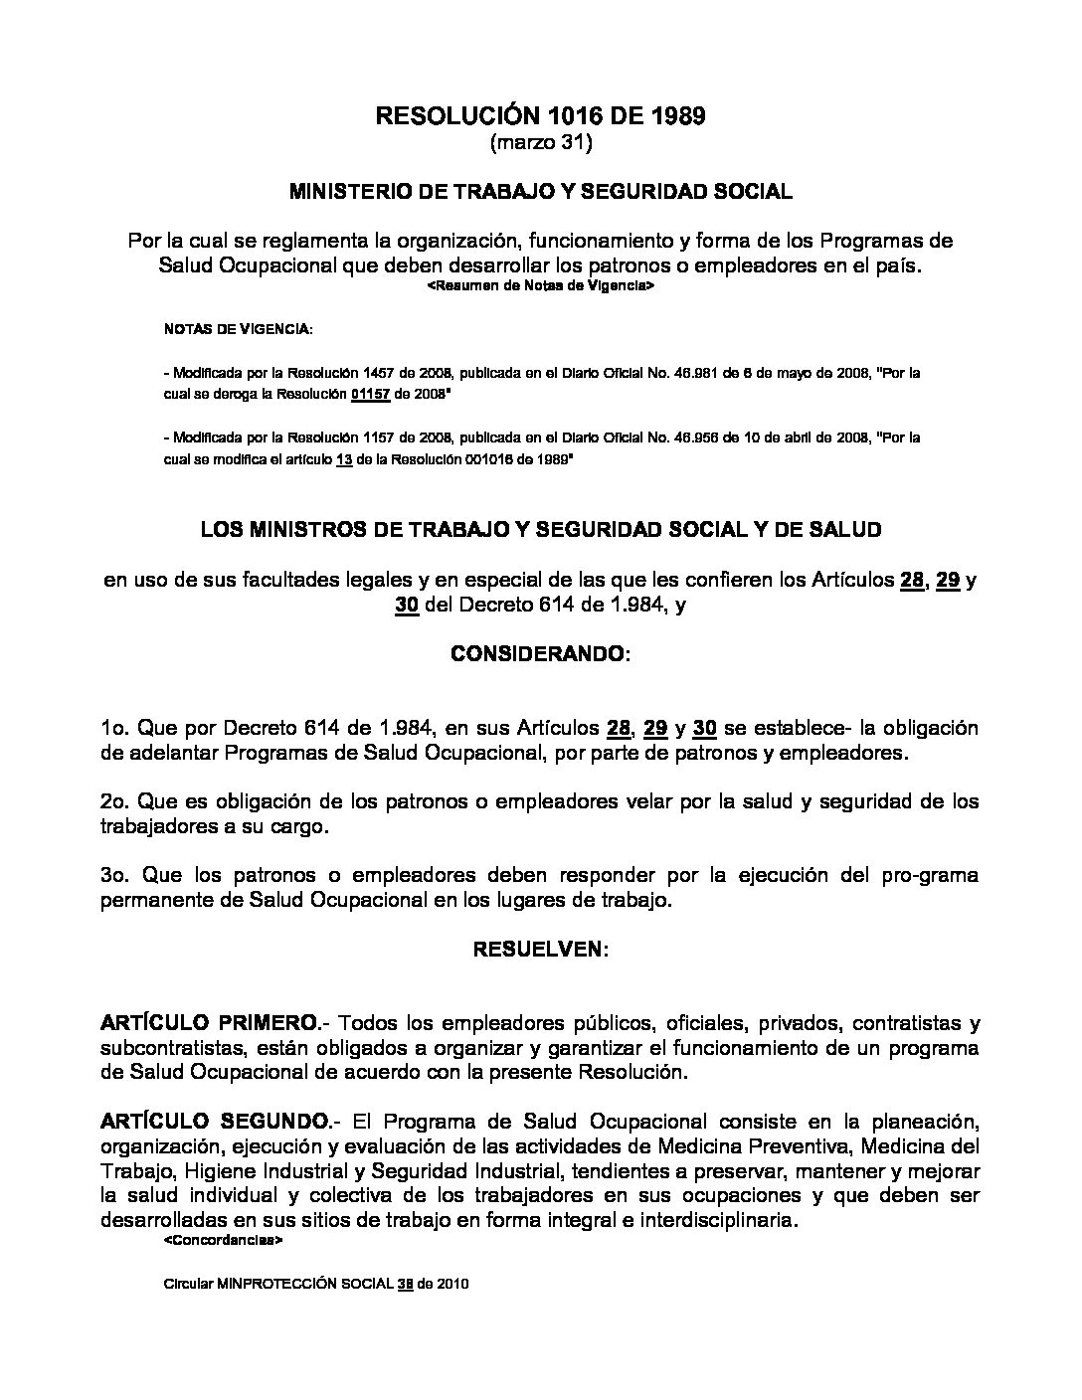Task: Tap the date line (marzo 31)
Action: pyautogui.click(x=541, y=144)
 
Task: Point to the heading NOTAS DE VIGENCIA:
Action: pyautogui.click(x=238, y=328)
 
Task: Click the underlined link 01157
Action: pyautogui.click(x=366, y=393)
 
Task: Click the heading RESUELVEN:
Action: pyautogui.click(x=540, y=950)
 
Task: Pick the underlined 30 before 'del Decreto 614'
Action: pyautogui.click(x=405, y=606)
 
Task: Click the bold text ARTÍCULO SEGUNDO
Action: pyautogui.click(x=213, y=1122)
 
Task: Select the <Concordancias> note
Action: pyautogui.click(x=224, y=1242)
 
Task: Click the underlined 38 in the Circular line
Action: pyautogui.click(x=405, y=1284)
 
